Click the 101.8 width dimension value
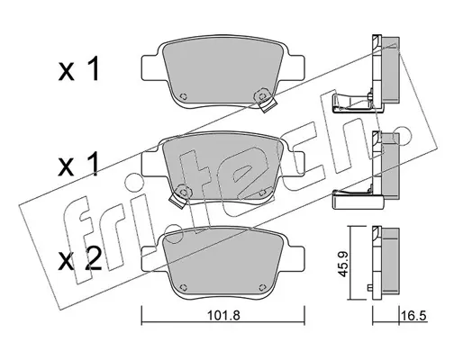pos(223,316)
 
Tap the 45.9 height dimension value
pos(343,264)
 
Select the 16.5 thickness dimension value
pos(413,316)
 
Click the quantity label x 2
pos(79,260)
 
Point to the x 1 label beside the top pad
pos(78,70)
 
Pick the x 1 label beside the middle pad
pos(78,164)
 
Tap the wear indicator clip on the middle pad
pos(181,195)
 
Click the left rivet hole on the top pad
pos(183,96)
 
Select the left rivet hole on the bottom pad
pos(183,287)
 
